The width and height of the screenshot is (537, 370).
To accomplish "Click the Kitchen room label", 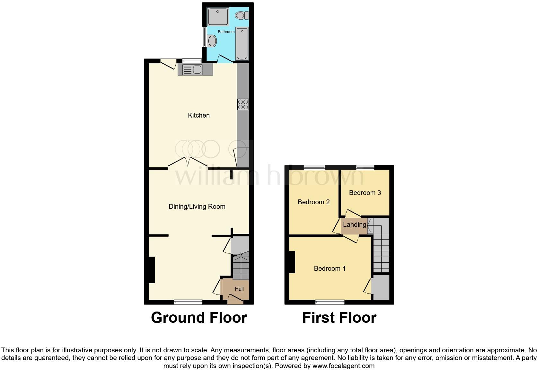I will tap(198, 115).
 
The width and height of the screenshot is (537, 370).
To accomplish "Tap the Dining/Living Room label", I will tap(197, 207).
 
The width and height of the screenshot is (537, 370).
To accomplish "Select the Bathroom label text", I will tap(226, 32).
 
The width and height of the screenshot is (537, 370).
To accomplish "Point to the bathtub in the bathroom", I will tap(242, 44).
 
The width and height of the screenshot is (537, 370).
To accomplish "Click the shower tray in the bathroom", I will tap(218, 17).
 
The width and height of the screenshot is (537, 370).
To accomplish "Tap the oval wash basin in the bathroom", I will tap(212, 41).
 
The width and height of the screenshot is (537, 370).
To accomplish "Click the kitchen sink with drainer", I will tap(192, 69).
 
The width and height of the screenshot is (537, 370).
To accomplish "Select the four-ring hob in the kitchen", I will tap(243, 104).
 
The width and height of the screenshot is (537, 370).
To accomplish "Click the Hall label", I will tap(239, 289).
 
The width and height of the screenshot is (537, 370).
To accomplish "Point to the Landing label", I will tap(355, 225).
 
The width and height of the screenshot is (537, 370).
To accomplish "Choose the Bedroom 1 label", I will tap(330, 269).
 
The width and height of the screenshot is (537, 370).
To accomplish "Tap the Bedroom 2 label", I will tap(313, 202).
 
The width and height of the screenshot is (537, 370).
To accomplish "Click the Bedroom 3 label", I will tap(365, 193).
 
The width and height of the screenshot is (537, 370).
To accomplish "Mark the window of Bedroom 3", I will tap(365, 167).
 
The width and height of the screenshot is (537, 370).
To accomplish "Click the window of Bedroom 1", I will tap(330, 302).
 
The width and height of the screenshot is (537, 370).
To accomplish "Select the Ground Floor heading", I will tap(199, 318).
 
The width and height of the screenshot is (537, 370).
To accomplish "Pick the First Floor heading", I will tap(339, 318).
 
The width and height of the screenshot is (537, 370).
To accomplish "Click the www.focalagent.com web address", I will tap(343, 366).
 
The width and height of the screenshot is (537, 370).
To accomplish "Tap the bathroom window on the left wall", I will tap(204, 36).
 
